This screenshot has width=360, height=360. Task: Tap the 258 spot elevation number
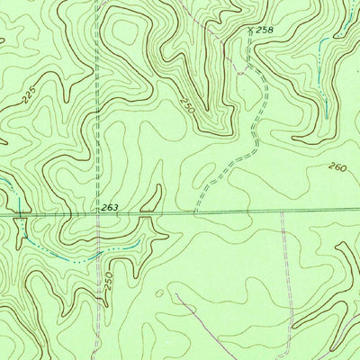[264, 30]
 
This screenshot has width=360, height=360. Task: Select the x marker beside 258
[250, 31]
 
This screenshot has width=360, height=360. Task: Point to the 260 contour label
[337, 166]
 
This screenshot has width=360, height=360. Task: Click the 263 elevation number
[110, 207]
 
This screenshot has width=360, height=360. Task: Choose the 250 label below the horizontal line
[108, 280]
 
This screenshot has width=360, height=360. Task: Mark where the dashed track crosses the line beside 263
[94, 216]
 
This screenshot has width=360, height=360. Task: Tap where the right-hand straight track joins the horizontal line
[282, 212]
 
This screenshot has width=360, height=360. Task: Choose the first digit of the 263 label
[103, 207]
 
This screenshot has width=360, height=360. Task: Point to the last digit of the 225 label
[37, 90]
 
